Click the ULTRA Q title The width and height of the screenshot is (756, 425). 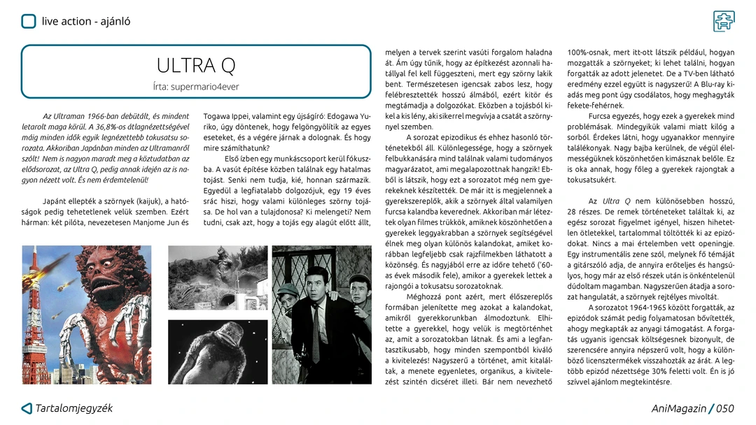[196, 66]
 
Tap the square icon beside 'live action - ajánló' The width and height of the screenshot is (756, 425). [28, 22]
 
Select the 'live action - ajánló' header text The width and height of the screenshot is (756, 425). [86, 22]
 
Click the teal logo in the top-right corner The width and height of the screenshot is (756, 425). [724, 21]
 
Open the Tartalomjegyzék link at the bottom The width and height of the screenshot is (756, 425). [74, 408]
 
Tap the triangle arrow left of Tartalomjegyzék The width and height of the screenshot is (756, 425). [27, 409]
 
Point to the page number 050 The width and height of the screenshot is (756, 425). [724, 409]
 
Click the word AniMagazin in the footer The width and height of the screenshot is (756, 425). [678, 409]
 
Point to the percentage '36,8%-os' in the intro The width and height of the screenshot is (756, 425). [111, 127]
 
